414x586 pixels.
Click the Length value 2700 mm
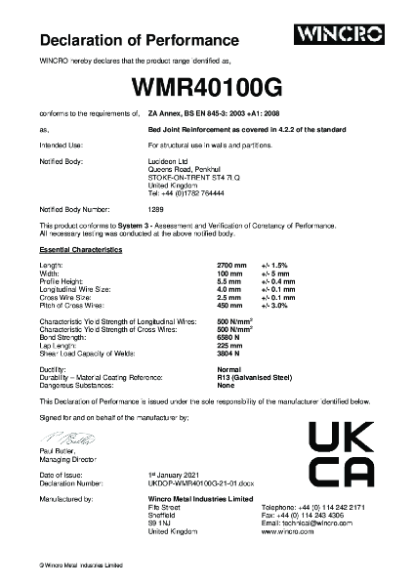coord(231,266)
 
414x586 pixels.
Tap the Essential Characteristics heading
coord(80,251)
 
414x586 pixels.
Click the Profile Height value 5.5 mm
coord(229,281)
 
